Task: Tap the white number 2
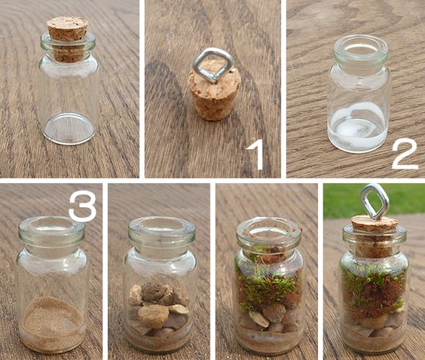pyautogui.click(x=405, y=154)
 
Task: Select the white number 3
pyautogui.click(x=83, y=206)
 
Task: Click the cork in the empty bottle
pyautogui.click(x=68, y=39)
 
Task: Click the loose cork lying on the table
pyautogui.click(x=215, y=90)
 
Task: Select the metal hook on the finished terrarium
pyautogui.click(x=375, y=202)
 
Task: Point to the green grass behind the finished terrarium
pyautogui.click(x=374, y=200)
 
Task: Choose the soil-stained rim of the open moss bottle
pyautogui.click(x=268, y=230)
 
